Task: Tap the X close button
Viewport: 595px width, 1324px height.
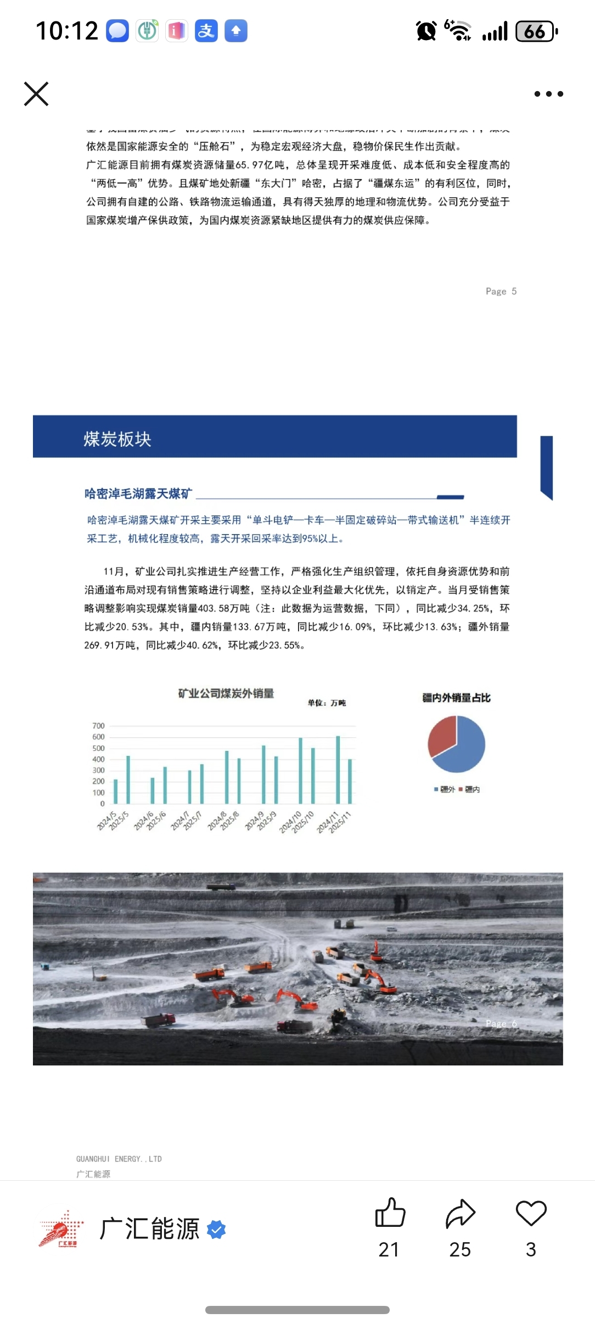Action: (x=36, y=94)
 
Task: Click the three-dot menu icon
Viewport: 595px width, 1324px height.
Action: (x=548, y=94)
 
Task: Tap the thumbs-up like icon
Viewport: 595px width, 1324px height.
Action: (x=390, y=1213)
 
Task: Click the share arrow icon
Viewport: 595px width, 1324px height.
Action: (x=460, y=1214)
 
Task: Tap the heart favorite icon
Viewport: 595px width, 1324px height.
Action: (x=531, y=1213)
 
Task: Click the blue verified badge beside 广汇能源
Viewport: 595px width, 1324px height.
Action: (x=216, y=1229)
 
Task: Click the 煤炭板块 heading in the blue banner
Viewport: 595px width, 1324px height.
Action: (x=117, y=439)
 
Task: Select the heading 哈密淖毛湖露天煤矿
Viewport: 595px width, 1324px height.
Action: (x=138, y=493)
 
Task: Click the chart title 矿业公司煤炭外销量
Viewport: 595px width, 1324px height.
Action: (x=226, y=693)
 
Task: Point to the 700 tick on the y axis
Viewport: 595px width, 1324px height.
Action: (x=98, y=726)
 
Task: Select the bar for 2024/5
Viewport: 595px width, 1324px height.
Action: (x=116, y=791)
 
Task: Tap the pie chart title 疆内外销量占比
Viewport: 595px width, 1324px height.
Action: (x=456, y=698)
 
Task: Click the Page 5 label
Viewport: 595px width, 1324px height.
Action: (x=501, y=291)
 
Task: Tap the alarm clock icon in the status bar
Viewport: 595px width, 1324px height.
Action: (x=426, y=31)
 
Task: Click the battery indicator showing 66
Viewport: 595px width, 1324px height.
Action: (x=536, y=31)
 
